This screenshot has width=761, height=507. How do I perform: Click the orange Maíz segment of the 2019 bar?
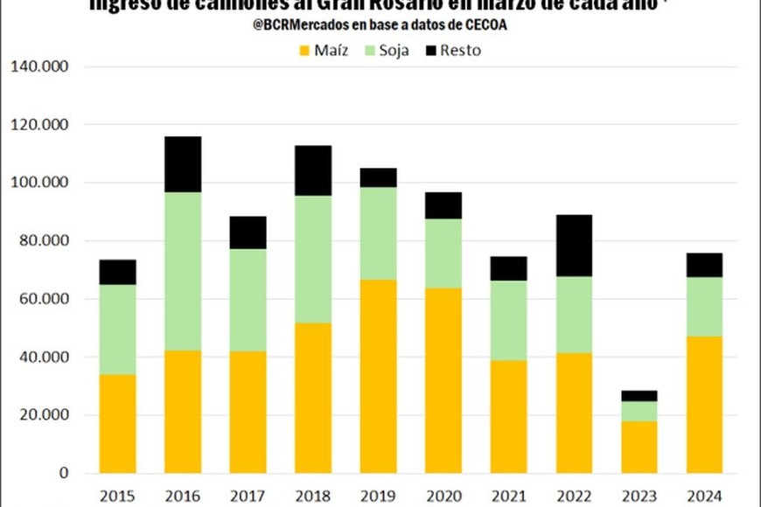coord(377,376)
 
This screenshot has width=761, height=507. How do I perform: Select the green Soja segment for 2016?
coord(182,271)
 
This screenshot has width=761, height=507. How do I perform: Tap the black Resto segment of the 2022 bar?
coord(573,246)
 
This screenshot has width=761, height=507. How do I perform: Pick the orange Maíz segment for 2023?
coord(639,447)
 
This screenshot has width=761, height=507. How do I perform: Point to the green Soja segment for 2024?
coord(704,306)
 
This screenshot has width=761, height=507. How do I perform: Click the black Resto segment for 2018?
coord(312,170)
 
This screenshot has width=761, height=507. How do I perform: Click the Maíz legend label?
coord(332,51)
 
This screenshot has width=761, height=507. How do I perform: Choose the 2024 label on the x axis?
coord(703,496)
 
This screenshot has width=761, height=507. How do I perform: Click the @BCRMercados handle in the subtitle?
coord(303,25)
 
